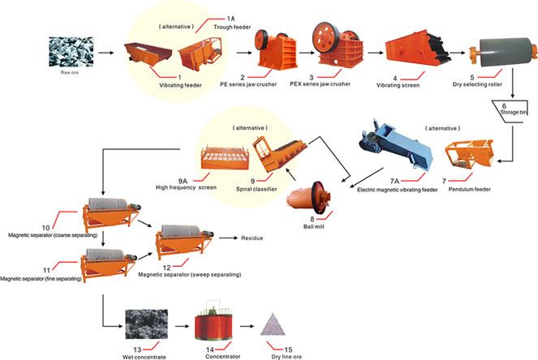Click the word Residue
tap(251, 238)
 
